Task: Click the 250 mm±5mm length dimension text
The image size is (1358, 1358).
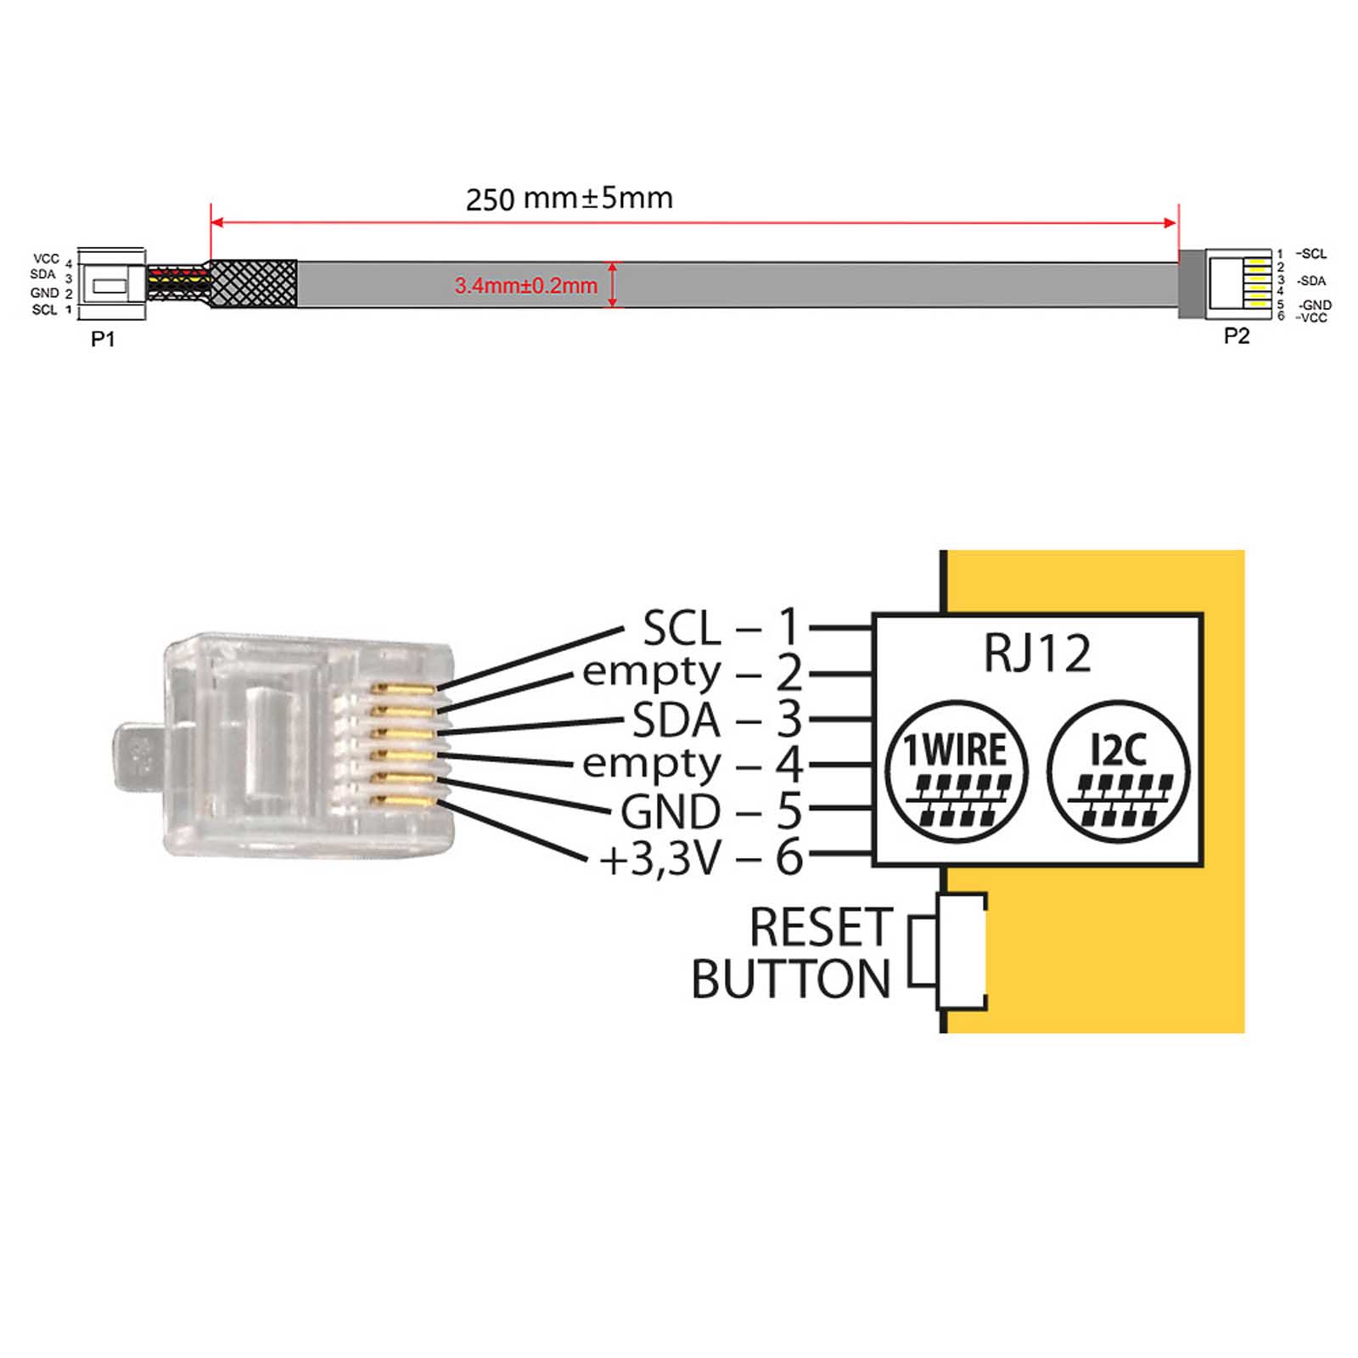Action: (x=569, y=199)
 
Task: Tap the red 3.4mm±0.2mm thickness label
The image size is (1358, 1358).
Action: (x=525, y=286)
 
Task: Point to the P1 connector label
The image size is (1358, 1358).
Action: (x=103, y=339)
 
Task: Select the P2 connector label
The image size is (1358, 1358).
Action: (x=1236, y=336)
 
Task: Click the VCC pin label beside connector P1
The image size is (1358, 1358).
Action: (x=46, y=259)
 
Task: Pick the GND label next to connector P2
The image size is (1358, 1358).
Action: (x=1316, y=305)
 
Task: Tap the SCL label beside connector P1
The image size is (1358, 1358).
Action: (x=44, y=310)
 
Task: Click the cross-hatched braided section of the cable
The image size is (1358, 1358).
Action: (x=253, y=283)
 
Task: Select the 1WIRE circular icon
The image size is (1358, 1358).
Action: (x=957, y=772)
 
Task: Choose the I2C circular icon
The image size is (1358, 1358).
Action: (x=1118, y=772)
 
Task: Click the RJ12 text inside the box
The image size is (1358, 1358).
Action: (x=1036, y=654)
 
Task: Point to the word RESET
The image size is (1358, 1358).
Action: (x=821, y=927)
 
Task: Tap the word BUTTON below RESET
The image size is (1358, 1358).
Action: (x=790, y=980)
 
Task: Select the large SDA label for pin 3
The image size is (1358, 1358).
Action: (x=676, y=721)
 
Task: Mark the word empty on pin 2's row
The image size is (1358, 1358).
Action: (x=651, y=673)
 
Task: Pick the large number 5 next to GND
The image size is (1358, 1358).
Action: (x=789, y=811)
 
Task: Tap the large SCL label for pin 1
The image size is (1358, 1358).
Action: (x=682, y=629)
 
